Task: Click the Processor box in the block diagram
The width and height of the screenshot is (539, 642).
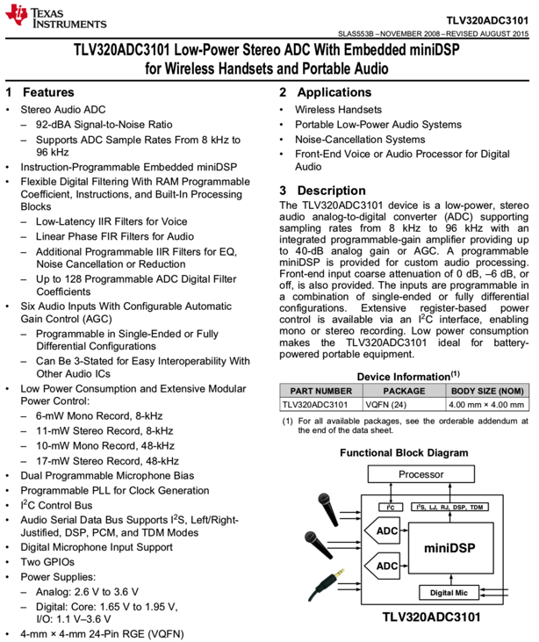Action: pos(420,474)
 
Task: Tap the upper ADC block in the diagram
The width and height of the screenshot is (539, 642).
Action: pos(387,531)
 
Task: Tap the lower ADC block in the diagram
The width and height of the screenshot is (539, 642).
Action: pos(387,566)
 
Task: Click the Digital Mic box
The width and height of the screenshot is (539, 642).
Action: pos(449,593)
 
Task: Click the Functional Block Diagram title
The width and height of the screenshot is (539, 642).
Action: pos(404,452)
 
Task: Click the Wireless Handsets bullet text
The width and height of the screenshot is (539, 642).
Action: pos(338,110)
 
